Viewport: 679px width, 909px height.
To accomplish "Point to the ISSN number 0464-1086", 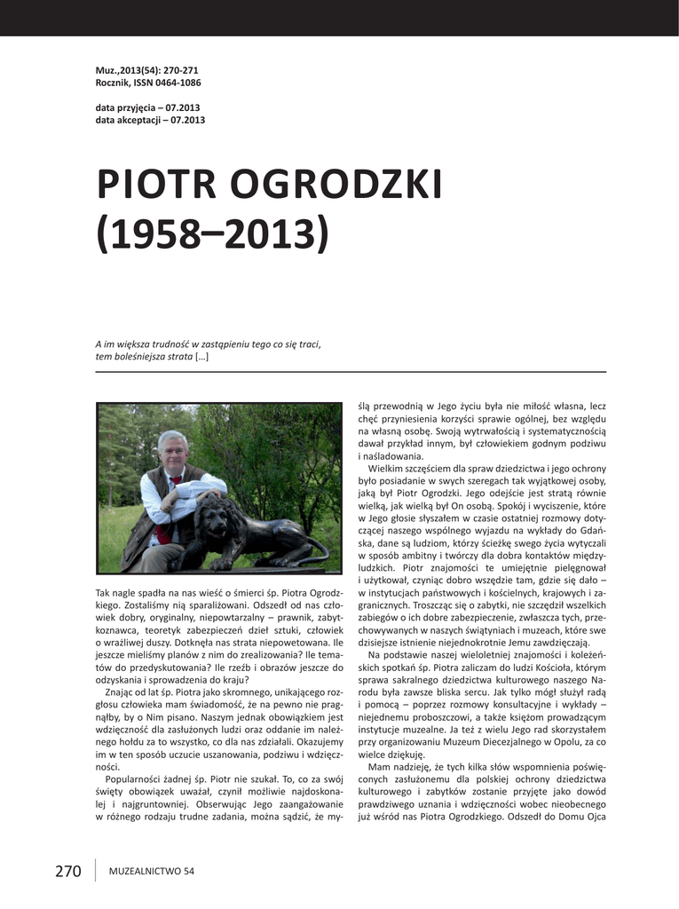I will pyautogui.click(x=177, y=83).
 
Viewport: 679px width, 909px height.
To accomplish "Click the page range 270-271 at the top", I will pyautogui.click(x=179, y=69).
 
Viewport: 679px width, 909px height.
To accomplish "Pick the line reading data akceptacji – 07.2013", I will pyautogui.click(x=150, y=120).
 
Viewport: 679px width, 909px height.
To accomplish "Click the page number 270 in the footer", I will pyautogui.click(x=67, y=871).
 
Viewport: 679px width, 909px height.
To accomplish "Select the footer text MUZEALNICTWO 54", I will pyautogui.click(x=151, y=872).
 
